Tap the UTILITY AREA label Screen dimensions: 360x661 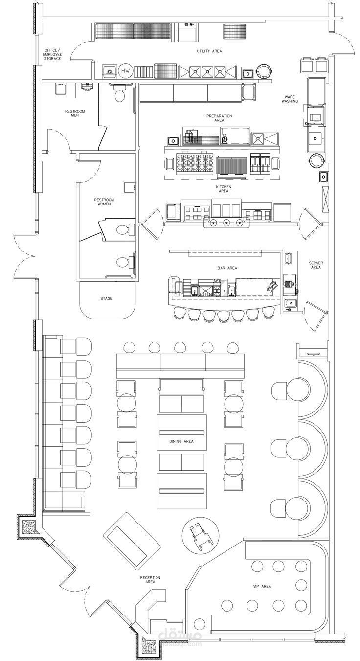coord(209,51)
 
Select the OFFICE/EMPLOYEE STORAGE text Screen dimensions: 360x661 coord(52,55)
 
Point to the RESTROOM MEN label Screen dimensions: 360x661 coord(75,114)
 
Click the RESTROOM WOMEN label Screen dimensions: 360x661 coord(104,202)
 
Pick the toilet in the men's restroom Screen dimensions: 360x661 coord(120,92)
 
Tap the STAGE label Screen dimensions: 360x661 coord(106,298)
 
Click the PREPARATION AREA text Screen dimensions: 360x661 coord(219,118)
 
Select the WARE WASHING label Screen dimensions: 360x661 coord(290,99)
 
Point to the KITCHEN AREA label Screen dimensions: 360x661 coord(224,189)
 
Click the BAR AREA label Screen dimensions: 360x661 coord(227,268)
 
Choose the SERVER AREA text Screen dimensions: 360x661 coord(316,265)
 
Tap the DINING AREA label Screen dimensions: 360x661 coord(181,441)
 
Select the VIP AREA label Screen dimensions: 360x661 coord(262,586)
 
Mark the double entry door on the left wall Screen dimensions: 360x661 coord(24,255)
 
